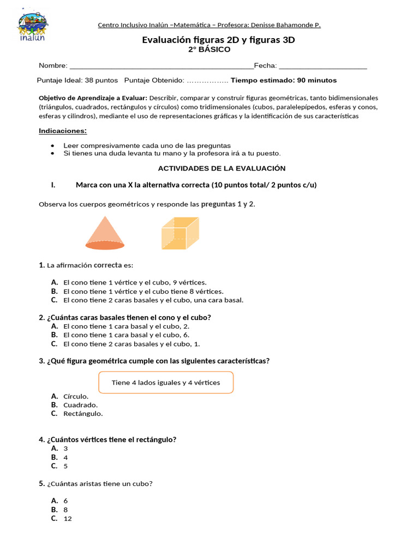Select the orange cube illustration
point(179,234)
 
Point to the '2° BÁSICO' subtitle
point(209,50)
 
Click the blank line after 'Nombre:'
point(160,66)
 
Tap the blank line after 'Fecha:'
point(322,66)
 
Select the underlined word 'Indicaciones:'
point(63,131)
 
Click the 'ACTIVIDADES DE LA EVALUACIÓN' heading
point(222,168)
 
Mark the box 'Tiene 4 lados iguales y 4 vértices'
point(166,383)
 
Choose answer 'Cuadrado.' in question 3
point(81,405)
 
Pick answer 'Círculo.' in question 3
point(76,396)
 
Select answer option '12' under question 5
point(68,519)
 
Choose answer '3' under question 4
point(65,448)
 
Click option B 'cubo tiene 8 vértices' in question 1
point(143,292)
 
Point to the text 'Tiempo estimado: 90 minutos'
point(284,80)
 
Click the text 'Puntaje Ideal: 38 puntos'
point(77,80)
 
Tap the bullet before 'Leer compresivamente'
point(52,145)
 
